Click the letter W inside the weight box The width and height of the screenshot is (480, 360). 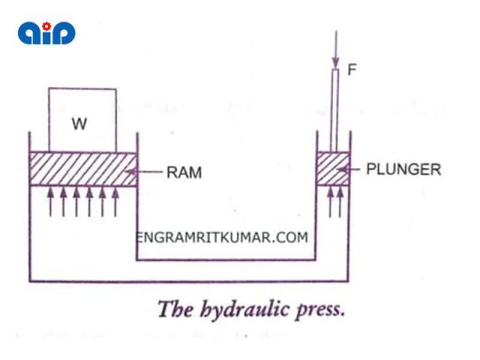pyautogui.click(x=79, y=124)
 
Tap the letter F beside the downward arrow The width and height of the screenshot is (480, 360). pyautogui.click(x=352, y=70)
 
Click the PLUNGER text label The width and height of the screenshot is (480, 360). pyautogui.click(x=403, y=169)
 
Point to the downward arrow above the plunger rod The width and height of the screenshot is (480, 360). pyautogui.click(x=336, y=49)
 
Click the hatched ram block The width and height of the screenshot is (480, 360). pyautogui.click(x=82, y=169)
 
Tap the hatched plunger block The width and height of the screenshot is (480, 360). pyautogui.click(x=331, y=169)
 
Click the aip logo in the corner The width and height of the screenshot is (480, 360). pyautogui.click(x=46, y=32)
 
